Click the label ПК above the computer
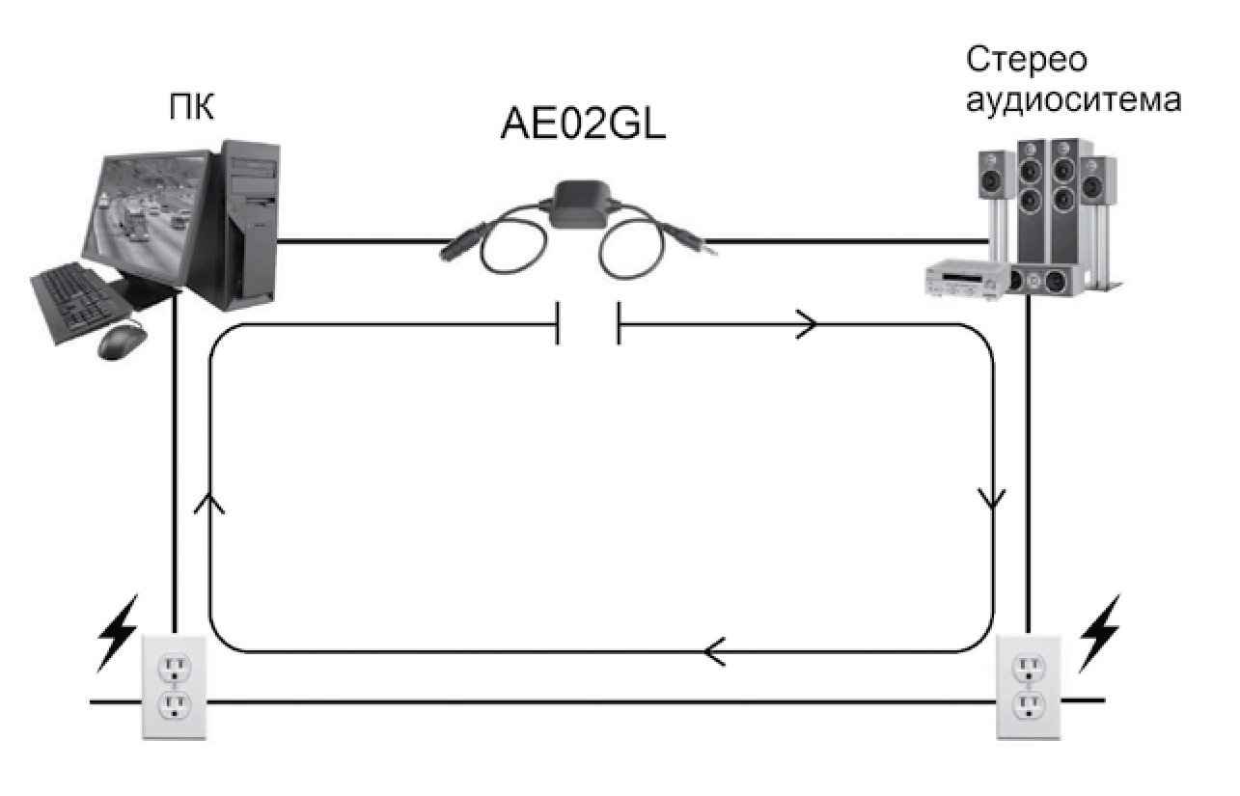click(x=191, y=107)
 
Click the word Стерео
click(x=1027, y=59)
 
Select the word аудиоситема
click(x=1072, y=99)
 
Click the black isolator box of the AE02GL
click(x=582, y=204)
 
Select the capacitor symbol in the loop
click(x=587, y=324)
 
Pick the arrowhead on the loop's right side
click(x=992, y=499)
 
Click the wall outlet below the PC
click(x=175, y=686)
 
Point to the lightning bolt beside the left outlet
click(x=119, y=633)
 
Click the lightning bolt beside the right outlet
click(x=1100, y=632)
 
